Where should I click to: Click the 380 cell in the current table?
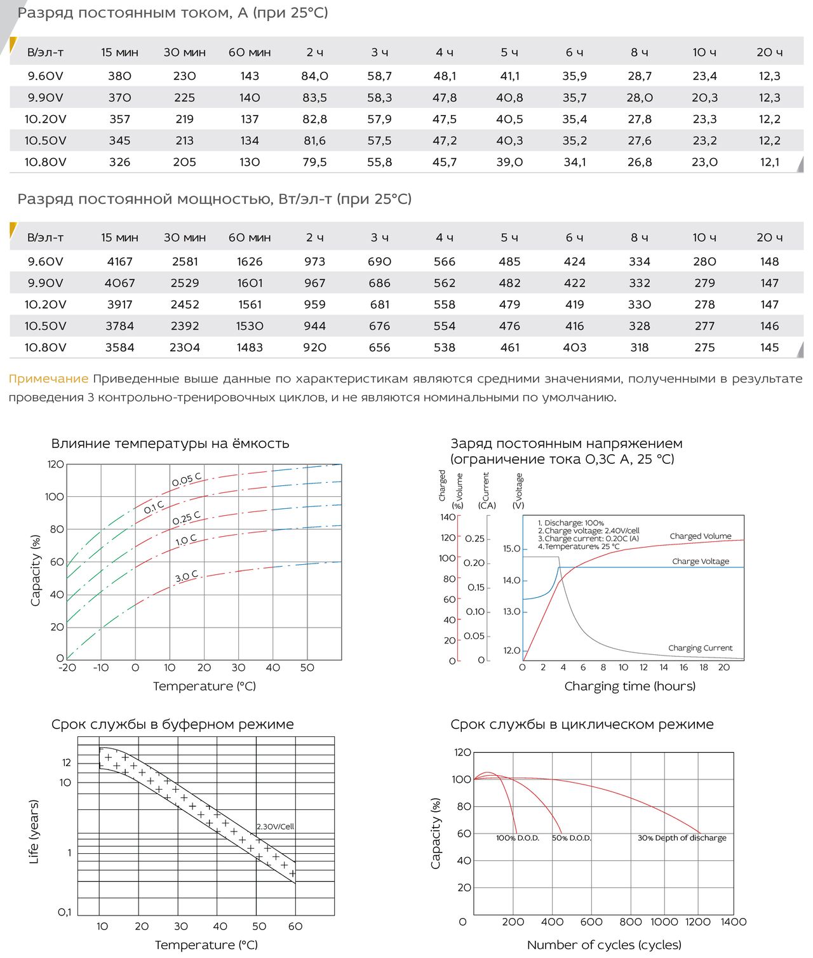coord(119,76)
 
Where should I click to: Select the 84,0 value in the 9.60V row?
coord(314,76)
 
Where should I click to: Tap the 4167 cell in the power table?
coord(119,261)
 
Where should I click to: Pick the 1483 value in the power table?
coord(250,347)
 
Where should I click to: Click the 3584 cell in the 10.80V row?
coord(119,347)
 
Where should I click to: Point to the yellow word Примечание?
coord(48,379)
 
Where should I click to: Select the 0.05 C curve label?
coord(186,479)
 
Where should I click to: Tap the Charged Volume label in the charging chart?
coord(701,536)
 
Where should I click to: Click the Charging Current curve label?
coord(700,647)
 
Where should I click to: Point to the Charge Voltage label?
coord(701,561)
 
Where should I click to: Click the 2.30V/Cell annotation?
coord(275,826)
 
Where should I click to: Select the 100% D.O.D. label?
coord(517,838)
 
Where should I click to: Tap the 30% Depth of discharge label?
coord(682,838)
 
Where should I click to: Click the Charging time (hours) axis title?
coord(630,686)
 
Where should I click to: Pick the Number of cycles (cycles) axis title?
coord(604,945)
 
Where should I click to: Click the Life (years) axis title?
coord(34,832)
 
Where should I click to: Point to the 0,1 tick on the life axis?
coord(64,912)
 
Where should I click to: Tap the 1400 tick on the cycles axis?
coord(733,922)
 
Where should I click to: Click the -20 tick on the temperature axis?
coord(67,668)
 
